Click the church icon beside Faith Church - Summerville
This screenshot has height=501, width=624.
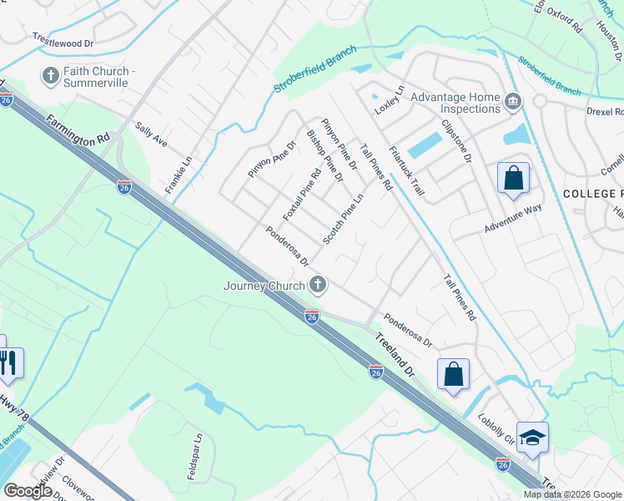[50, 76]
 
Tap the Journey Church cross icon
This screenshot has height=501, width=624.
[317, 286]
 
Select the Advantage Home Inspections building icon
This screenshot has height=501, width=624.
[512, 103]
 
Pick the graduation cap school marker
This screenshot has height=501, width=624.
[532, 438]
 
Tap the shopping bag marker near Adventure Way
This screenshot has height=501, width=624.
[513, 179]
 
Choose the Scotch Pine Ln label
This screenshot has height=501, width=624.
[344, 220]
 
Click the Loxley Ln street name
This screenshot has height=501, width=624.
[389, 99]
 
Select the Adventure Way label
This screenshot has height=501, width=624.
[513, 220]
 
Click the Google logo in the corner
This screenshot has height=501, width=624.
[29, 491]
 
